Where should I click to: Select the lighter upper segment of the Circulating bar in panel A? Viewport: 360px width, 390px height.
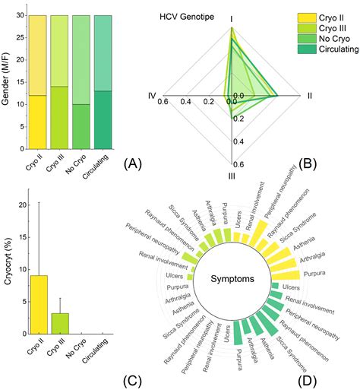click(x=106, y=52)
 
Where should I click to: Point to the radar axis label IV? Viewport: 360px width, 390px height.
click(x=152, y=95)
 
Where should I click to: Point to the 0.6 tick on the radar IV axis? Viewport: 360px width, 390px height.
click(x=163, y=103)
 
